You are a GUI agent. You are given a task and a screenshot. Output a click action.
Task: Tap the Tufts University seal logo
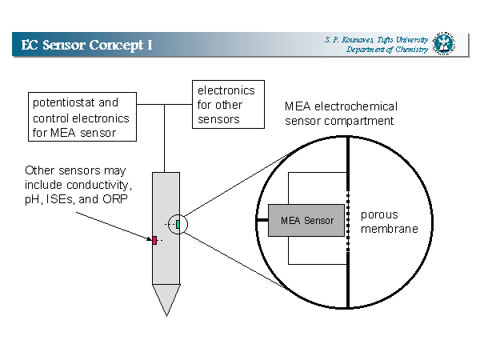point(443,43)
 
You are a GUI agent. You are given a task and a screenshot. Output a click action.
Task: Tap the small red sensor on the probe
point(155,240)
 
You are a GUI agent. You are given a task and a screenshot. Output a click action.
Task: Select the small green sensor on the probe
point(178,223)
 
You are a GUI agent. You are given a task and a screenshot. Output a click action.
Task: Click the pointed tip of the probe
point(166,309)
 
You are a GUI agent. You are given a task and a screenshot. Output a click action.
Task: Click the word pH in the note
point(34,198)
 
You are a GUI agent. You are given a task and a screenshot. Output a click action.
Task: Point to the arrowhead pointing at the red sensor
point(148,238)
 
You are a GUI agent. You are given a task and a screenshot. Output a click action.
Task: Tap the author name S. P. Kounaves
point(350,38)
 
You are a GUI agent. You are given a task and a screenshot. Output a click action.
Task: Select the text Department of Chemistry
point(388,50)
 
